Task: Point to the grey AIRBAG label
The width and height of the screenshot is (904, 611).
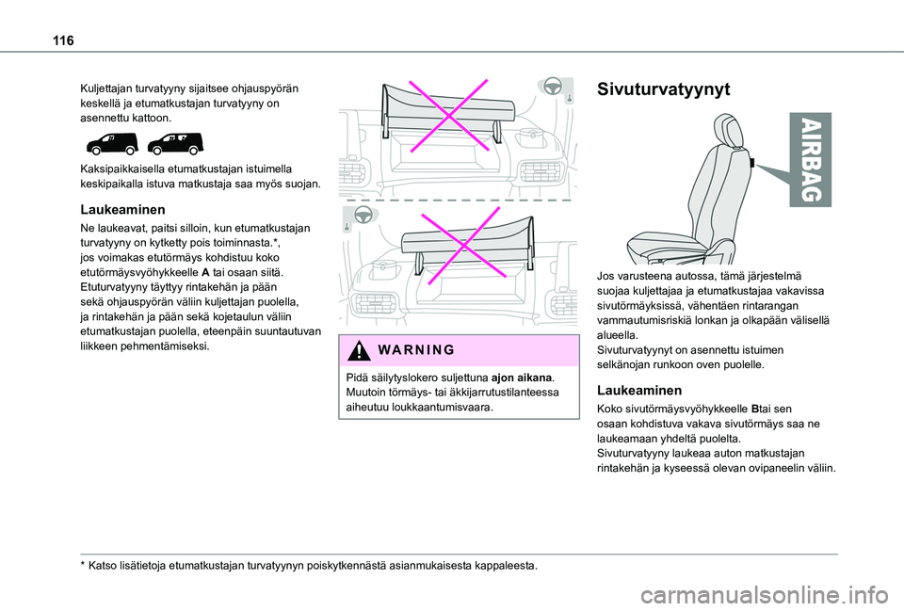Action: pos(811,162)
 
